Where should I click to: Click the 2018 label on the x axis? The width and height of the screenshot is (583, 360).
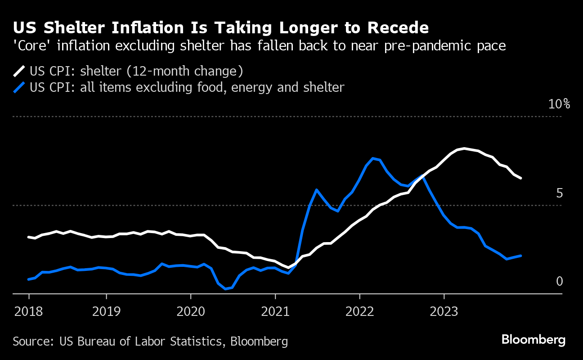click(x=29, y=311)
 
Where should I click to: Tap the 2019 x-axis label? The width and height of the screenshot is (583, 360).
click(x=107, y=311)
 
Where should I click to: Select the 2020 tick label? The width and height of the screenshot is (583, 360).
click(x=190, y=311)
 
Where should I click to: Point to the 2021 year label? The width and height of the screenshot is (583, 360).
click(x=275, y=311)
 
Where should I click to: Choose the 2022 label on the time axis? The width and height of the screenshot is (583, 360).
click(x=359, y=311)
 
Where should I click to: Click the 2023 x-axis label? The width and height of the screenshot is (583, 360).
click(x=444, y=311)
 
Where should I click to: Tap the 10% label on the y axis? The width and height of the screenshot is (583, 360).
click(x=559, y=104)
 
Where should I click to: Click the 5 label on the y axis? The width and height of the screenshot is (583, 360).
click(x=559, y=193)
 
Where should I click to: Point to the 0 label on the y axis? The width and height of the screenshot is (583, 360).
click(x=560, y=281)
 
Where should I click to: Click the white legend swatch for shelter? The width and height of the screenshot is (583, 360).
click(x=19, y=71)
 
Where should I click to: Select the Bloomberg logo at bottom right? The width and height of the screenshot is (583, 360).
click(x=534, y=340)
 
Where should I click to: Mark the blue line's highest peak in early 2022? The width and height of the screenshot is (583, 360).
click(x=373, y=158)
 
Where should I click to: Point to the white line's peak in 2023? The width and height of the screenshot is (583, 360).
click(x=464, y=148)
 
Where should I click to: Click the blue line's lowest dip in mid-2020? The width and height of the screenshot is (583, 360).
click(x=225, y=289)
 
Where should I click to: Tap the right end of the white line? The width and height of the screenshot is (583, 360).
click(x=521, y=178)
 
